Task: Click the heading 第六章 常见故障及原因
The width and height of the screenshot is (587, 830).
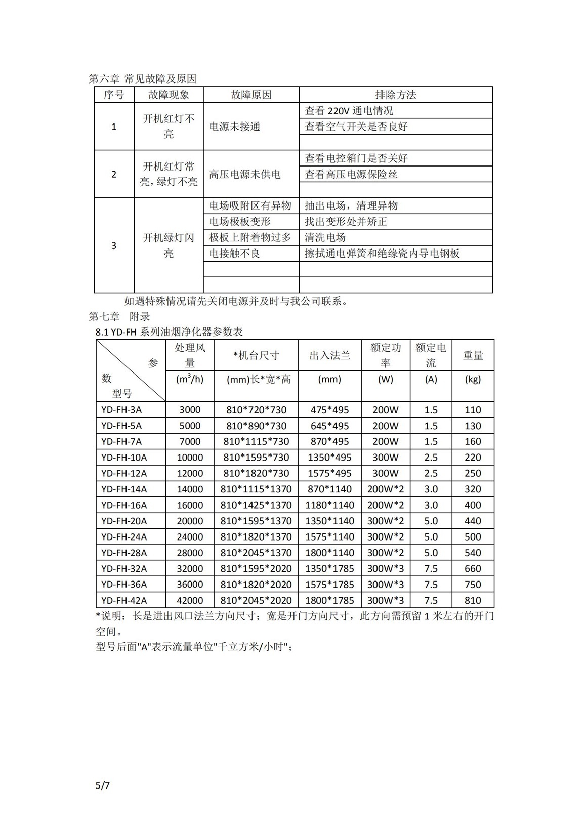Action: [x=142, y=79]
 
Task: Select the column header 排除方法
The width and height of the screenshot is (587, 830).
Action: [x=395, y=95]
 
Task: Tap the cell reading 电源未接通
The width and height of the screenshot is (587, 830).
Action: [x=235, y=127]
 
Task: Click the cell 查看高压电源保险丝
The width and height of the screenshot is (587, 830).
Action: [x=351, y=174]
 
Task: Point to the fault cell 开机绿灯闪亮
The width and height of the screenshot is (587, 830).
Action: [x=169, y=245]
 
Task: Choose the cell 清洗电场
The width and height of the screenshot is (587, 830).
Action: [x=325, y=237]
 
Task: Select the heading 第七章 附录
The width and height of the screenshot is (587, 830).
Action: [x=119, y=317]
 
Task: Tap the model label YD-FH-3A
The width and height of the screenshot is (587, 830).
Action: [x=121, y=410]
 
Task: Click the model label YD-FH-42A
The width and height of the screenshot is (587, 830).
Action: [x=124, y=600]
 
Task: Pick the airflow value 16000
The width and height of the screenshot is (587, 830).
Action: [x=190, y=505]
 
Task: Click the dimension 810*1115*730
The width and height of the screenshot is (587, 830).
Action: [x=256, y=441]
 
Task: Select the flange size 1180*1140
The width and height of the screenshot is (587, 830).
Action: [x=329, y=505]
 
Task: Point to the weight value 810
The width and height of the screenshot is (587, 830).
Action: [x=473, y=600]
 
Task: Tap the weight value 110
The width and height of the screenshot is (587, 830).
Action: [x=473, y=410]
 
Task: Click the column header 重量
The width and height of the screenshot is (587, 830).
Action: [x=473, y=355]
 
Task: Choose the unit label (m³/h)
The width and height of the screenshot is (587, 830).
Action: [x=190, y=379]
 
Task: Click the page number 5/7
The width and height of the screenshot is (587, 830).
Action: [x=102, y=786]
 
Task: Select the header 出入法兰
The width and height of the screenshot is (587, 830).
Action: [x=330, y=355]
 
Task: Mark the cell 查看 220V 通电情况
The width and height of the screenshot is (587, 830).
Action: [x=349, y=111]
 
